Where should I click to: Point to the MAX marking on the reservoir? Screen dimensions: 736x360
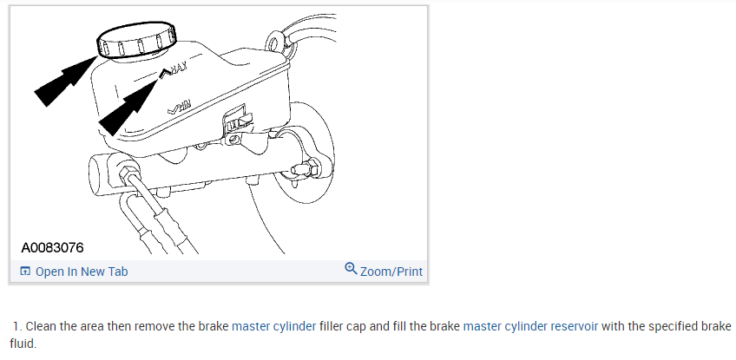pyautogui.click(x=176, y=69)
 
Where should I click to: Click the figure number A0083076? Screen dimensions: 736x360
pyautogui.click(x=53, y=247)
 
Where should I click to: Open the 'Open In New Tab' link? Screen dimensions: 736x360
pyautogui.click(x=82, y=272)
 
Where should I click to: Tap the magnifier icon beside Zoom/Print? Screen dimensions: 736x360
pyautogui.click(x=351, y=269)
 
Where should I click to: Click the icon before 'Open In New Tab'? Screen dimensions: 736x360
pyautogui.click(x=25, y=272)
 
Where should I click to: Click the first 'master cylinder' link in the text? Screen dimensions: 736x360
pyautogui.click(x=274, y=327)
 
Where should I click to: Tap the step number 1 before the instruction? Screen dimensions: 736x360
pyautogui.click(x=16, y=327)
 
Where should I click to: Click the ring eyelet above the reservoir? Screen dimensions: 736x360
pyautogui.click(x=275, y=40)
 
